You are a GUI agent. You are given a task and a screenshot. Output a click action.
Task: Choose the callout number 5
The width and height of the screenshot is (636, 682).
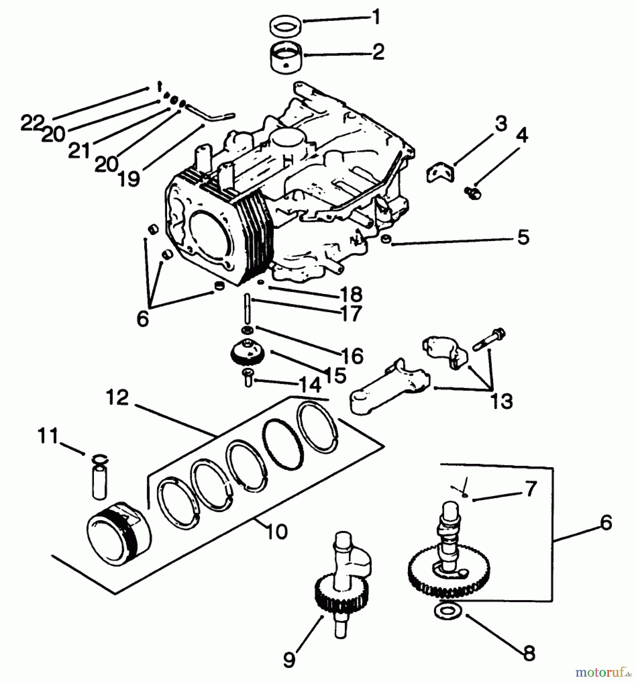click(x=523, y=238)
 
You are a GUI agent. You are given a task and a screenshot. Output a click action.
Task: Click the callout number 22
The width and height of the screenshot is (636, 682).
click(x=32, y=123)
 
